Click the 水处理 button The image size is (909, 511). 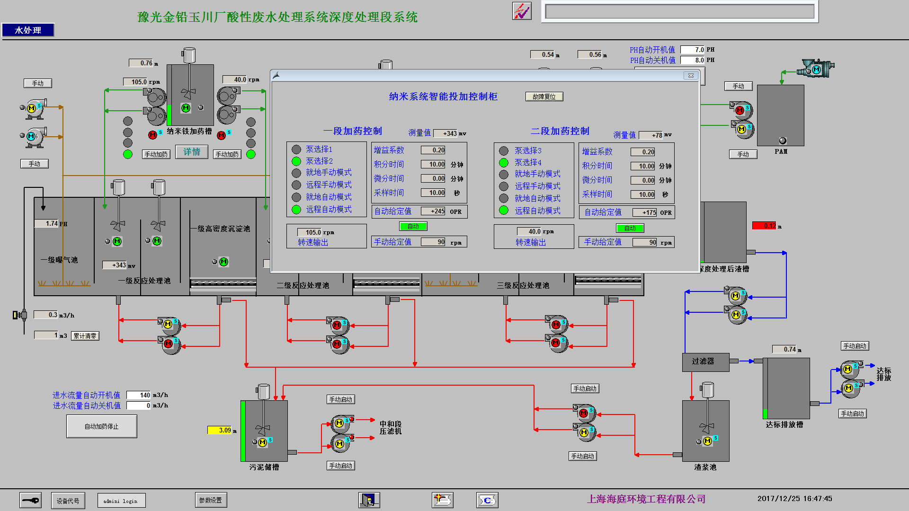click(x=28, y=30)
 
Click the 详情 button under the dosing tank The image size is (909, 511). click(x=192, y=152)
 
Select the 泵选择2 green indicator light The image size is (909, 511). click(x=296, y=161)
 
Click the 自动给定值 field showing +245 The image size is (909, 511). click(x=433, y=211)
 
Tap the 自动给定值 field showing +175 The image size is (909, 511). click(x=644, y=212)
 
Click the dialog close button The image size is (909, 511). click(x=691, y=76)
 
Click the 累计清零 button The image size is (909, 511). click(x=85, y=336)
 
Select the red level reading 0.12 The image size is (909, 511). click(x=764, y=226)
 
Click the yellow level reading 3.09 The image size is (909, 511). click(x=220, y=430)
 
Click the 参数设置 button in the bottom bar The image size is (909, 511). click(x=211, y=500)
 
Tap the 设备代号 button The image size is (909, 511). click(x=68, y=501)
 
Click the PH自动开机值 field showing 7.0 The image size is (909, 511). click(x=693, y=50)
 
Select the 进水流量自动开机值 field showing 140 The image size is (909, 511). click(x=139, y=395)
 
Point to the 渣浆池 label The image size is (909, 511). click(x=705, y=467)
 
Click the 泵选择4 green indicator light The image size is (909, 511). click(x=504, y=163)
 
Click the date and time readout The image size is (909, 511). click(x=794, y=499)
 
